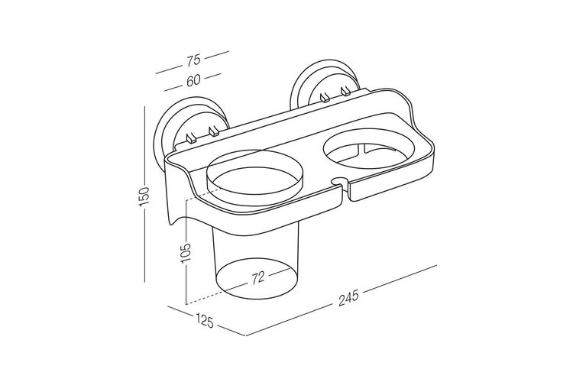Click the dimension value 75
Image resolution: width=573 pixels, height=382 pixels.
click(194, 60)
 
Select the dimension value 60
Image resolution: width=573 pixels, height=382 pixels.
click(193, 80)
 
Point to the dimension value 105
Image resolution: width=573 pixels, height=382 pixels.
click(186, 252)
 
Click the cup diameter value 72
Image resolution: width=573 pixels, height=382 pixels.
click(257, 277)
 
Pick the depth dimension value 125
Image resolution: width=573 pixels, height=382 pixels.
click(204, 321)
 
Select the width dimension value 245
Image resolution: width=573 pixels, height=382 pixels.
click(348, 299)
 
